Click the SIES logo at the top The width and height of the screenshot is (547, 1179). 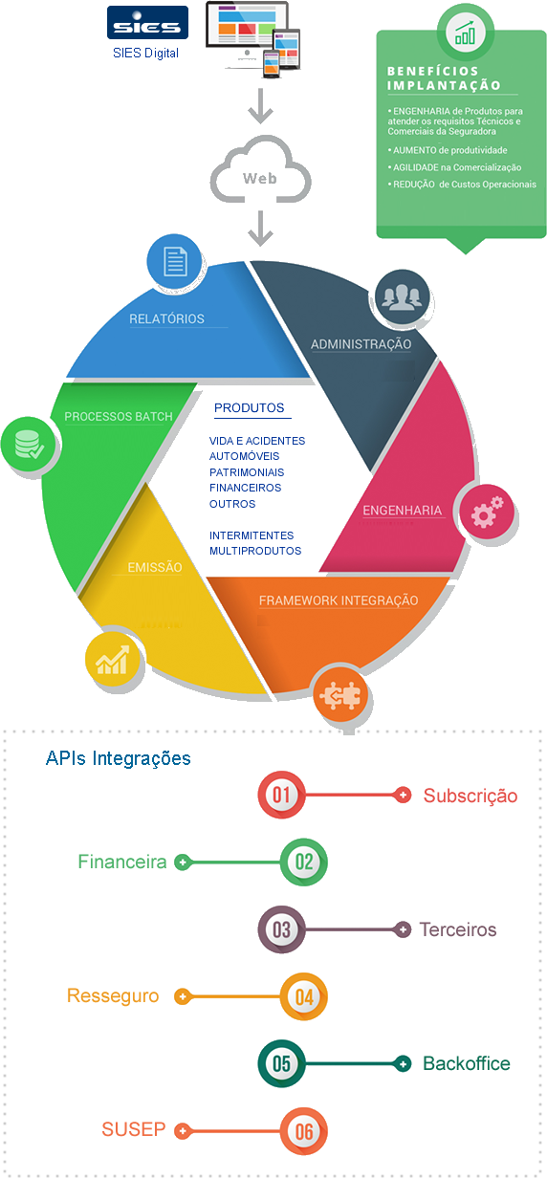click(147, 23)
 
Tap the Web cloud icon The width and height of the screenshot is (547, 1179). click(260, 169)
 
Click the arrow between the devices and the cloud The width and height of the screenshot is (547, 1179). click(260, 106)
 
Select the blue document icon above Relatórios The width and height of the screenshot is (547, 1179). click(174, 261)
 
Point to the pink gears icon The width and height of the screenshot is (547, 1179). click(487, 513)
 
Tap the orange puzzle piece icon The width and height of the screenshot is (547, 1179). click(340, 695)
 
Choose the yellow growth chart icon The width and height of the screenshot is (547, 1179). click(112, 659)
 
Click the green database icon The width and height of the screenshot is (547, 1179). click(29, 445)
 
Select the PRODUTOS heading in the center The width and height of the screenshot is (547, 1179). click(249, 408)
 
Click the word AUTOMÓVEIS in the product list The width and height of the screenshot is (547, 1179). click(244, 456)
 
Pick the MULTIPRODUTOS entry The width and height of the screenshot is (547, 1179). click(255, 551)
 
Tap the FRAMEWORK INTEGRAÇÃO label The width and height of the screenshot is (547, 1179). click(339, 600)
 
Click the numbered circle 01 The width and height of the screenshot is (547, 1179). click(281, 795)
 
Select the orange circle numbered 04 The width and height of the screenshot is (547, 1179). click(304, 996)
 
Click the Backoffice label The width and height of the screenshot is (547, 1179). click(467, 1063)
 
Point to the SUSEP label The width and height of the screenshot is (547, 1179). click(134, 1129)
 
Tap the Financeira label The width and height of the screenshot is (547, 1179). click(122, 862)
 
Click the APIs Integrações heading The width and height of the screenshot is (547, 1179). click(119, 758)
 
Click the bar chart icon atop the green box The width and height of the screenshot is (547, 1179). click(466, 33)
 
